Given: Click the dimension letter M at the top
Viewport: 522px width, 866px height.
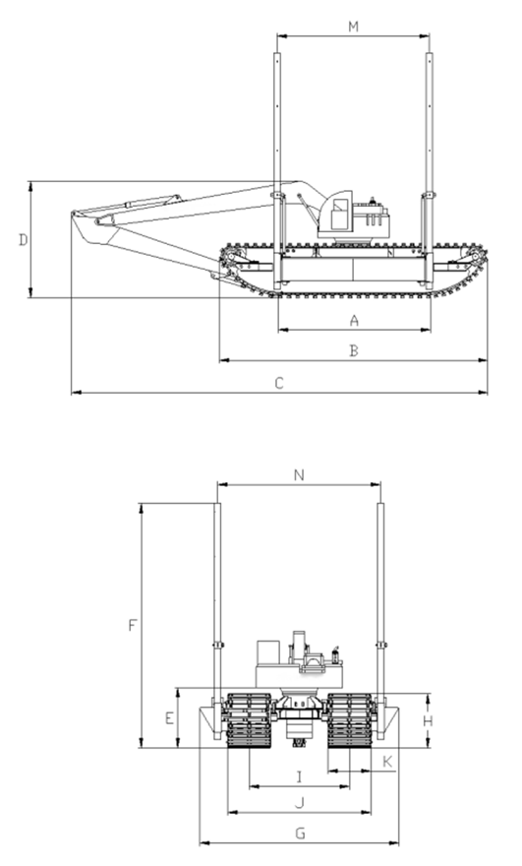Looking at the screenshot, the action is click(x=353, y=26).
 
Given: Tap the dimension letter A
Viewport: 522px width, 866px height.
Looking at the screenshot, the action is click(x=354, y=320).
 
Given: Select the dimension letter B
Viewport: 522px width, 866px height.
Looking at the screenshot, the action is click(x=354, y=350).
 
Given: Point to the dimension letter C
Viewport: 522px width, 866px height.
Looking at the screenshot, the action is click(x=279, y=383).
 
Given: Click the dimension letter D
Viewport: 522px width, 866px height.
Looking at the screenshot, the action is click(x=24, y=240).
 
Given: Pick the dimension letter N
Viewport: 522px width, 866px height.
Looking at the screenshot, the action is click(x=299, y=475).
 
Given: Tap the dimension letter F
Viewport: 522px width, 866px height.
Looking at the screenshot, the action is click(x=132, y=625).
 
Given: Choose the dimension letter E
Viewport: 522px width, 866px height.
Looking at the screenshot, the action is click(x=169, y=718).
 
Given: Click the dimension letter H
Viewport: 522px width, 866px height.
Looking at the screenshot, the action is click(x=428, y=720).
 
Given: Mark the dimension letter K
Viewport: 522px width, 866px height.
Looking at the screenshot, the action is click(x=387, y=762).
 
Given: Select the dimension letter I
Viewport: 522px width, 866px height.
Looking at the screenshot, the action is click(x=300, y=777).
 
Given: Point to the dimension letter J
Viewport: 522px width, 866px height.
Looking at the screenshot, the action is click(x=300, y=802).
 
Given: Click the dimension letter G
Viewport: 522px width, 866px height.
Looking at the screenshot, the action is click(x=300, y=833).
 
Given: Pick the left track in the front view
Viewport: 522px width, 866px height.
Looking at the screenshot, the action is click(x=250, y=720).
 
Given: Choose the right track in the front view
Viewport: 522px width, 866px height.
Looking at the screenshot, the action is click(x=349, y=720).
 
